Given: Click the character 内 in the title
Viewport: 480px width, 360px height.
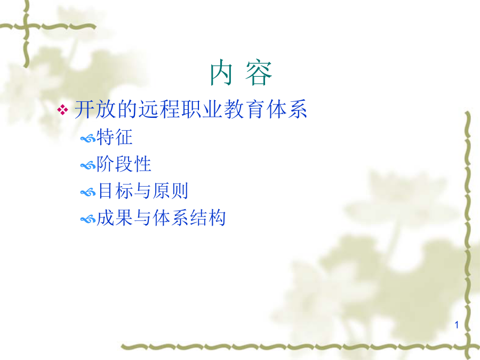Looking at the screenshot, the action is coord(221,73).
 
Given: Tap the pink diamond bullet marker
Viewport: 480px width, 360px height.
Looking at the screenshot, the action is coord(63,110).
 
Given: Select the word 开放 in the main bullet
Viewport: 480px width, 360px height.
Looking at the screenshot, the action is coord(96,109).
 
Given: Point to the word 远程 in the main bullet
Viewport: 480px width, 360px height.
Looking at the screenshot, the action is coord(159,109).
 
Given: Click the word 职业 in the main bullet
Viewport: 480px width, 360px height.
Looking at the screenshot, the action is coord(202,109).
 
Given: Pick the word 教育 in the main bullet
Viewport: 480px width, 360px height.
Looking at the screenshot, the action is coord(244,109).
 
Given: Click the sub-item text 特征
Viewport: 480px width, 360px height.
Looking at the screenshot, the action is coord(115,137).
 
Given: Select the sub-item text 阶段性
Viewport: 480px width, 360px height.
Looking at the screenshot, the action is coord(124,164).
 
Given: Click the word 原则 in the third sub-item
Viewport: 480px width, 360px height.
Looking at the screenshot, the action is coord(170,191).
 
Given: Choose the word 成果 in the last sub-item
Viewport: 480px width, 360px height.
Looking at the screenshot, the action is coord(115,218).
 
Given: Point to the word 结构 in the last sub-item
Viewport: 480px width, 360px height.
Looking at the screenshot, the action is coord(207,218).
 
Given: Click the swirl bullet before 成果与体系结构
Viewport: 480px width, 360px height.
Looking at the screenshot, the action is coord(88,220).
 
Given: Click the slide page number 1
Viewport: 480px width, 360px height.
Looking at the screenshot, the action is coord(457,325).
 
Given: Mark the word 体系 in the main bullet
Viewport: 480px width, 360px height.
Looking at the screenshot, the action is coord(286,109).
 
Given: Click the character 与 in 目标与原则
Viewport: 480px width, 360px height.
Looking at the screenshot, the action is coord(142,191).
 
